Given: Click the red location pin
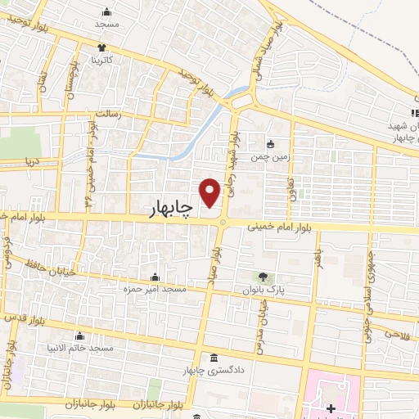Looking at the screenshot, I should (210, 191).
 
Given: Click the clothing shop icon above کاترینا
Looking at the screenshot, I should (102, 47).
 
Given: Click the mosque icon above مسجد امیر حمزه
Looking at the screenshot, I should (155, 277).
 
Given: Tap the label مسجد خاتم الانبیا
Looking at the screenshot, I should (79, 349).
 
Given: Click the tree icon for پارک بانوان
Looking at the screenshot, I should (263, 277).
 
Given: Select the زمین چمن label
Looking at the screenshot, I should (270, 155).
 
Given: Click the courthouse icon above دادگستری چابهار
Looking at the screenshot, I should (214, 358).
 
